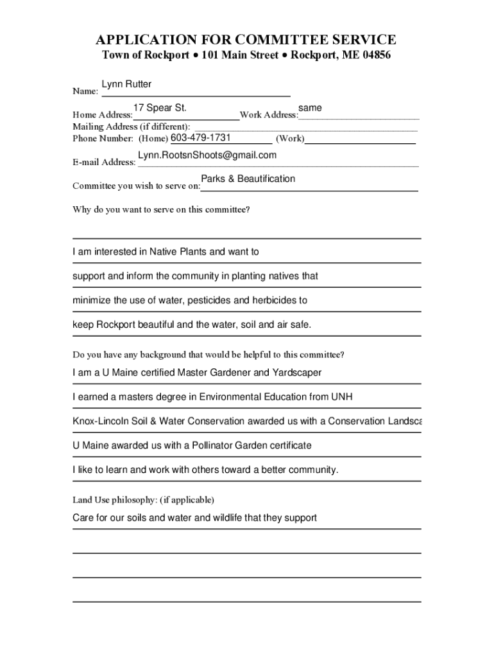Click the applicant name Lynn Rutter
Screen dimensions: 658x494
(x=126, y=85)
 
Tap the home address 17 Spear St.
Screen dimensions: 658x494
(x=160, y=107)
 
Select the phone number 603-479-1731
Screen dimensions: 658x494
(x=201, y=138)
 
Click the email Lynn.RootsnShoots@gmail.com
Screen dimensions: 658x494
(x=207, y=156)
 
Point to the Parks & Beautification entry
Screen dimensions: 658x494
(x=248, y=179)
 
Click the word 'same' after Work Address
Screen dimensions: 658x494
(x=310, y=108)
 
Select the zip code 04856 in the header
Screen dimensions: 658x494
(x=375, y=55)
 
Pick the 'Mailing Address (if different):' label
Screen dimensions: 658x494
(x=132, y=127)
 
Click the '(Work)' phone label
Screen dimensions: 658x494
(x=290, y=139)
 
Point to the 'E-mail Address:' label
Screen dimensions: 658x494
(x=104, y=162)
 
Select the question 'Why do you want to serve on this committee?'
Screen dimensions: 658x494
(x=161, y=209)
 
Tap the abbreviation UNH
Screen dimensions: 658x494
(x=341, y=397)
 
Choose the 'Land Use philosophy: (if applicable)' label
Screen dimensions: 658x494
(x=143, y=499)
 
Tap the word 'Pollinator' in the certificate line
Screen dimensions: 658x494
(x=192, y=445)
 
